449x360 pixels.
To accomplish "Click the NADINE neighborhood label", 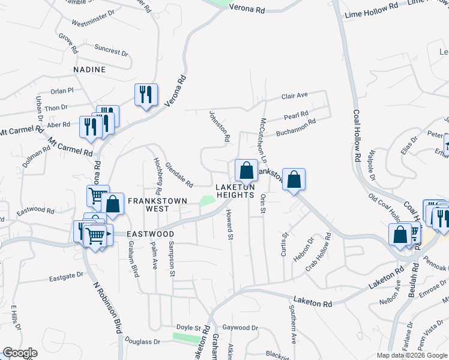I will (89, 70).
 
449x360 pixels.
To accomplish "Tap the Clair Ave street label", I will (294, 95).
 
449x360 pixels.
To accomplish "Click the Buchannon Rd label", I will (295, 127).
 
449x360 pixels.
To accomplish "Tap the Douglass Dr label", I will (142, 342).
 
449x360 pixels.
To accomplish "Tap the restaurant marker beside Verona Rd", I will (146, 95).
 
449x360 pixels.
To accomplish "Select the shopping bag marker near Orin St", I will (294, 179).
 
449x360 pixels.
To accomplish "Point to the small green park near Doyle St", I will (186, 337).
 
